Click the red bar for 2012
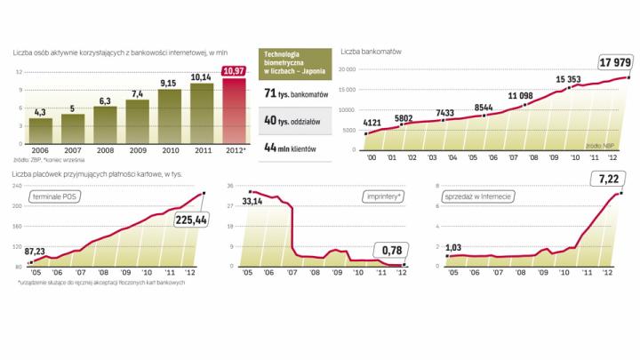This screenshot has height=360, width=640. tap(234, 111)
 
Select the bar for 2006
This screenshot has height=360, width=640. tap(40, 129)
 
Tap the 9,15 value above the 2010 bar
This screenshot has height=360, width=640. tap(168, 84)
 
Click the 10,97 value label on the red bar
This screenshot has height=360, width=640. tap(234, 71)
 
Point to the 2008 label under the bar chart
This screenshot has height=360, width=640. tap(105, 151)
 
